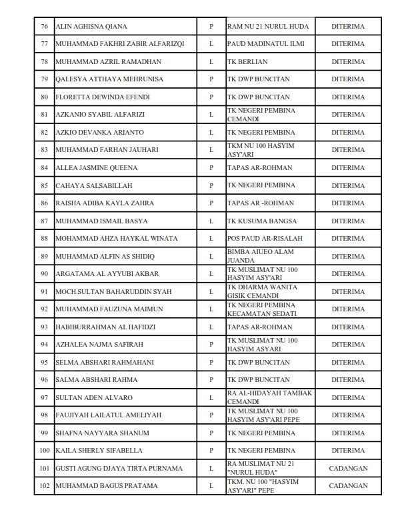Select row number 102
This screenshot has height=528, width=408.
coord(45,486)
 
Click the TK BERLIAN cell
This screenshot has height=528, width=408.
coord(248,61)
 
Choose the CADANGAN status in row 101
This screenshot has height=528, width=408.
coord(348,469)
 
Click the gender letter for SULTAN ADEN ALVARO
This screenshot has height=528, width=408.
coord(211,398)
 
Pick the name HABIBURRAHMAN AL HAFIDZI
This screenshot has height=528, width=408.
coord(98,327)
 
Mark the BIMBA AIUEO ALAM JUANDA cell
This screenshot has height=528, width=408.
coord(260,256)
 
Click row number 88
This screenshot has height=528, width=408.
coord(45,238)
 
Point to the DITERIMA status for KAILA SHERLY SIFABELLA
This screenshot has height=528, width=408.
coord(348,451)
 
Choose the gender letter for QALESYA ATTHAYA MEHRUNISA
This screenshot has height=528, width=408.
coord(211,79)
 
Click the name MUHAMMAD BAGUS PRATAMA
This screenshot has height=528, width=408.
coord(97,486)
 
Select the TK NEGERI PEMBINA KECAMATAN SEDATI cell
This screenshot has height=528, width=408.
coord(261,309)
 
